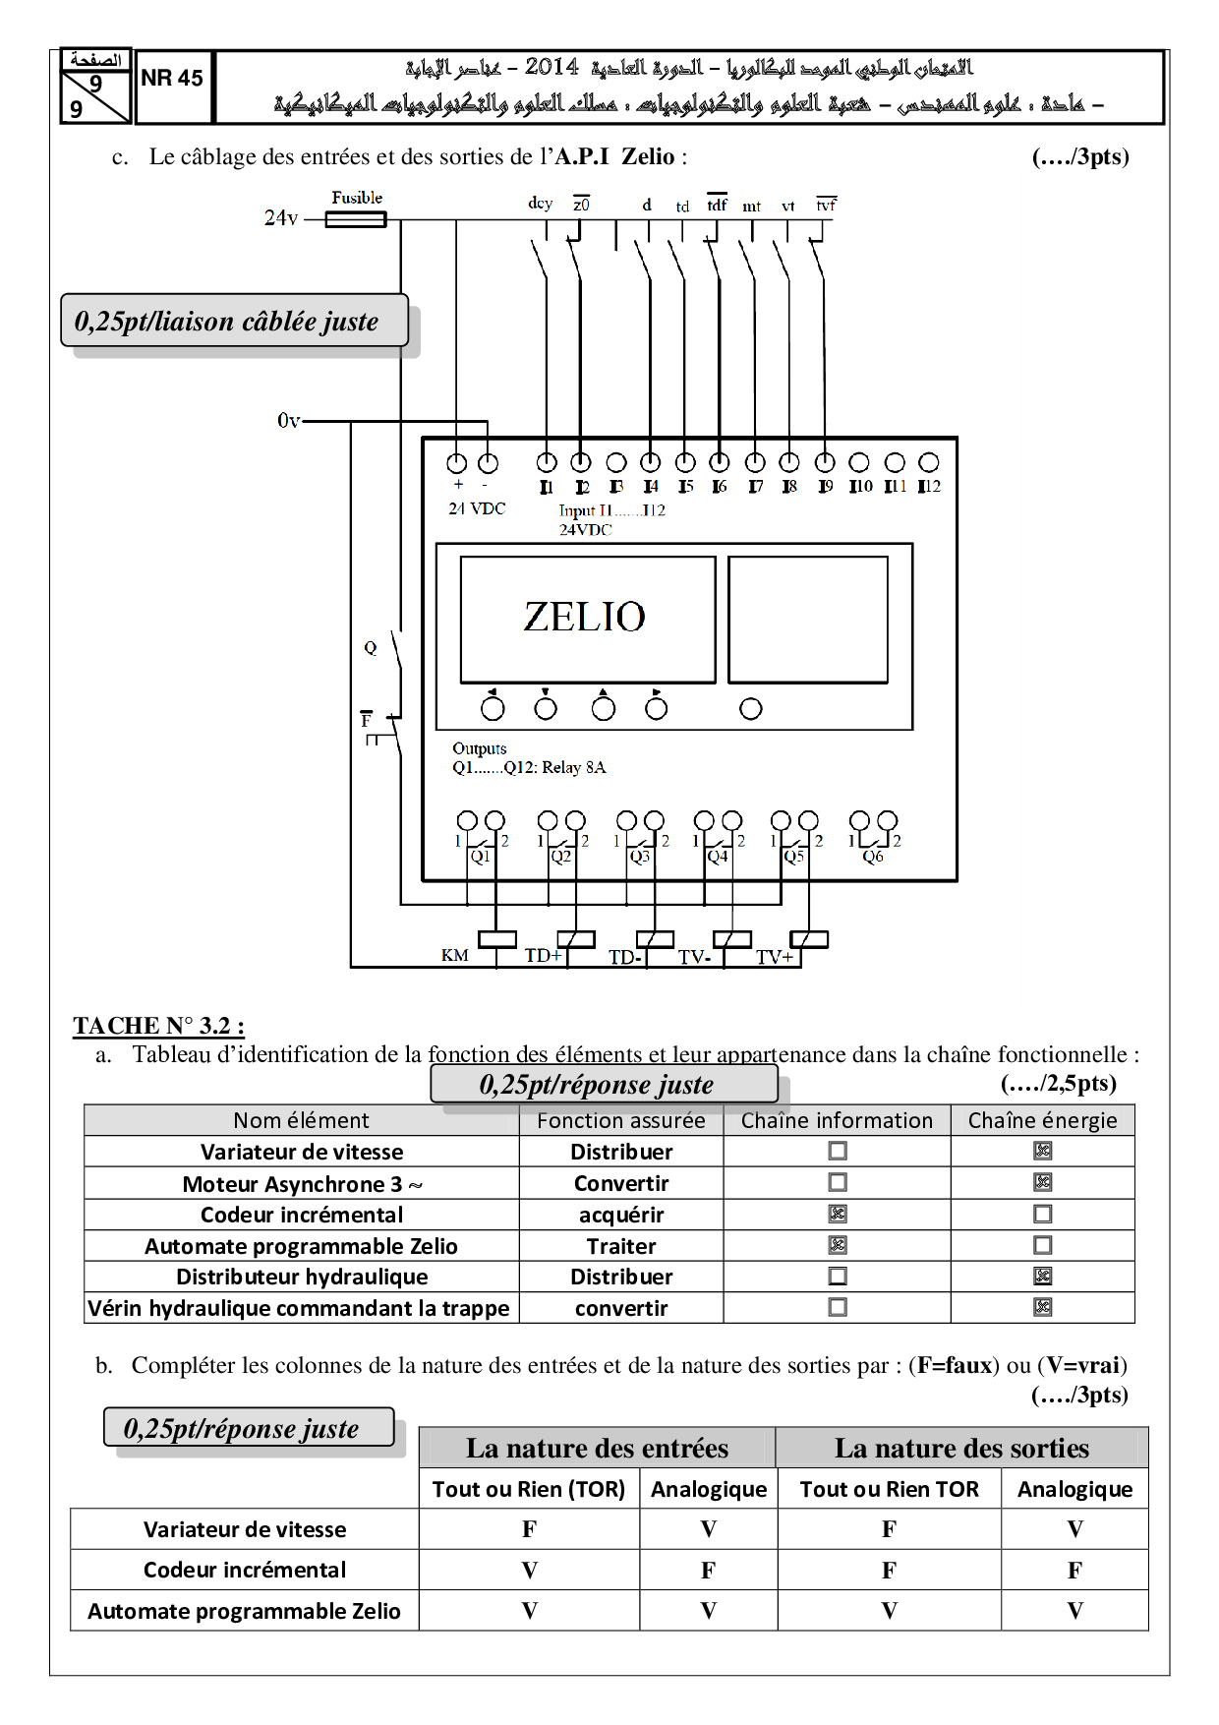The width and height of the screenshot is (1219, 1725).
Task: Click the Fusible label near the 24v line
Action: pyautogui.click(x=356, y=198)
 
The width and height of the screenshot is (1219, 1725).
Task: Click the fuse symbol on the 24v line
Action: pyautogui.click(x=355, y=220)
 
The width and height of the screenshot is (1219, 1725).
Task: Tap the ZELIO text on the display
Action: pyautogui.click(x=584, y=617)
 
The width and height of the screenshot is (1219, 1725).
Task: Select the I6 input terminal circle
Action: pyautogui.click(x=720, y=462)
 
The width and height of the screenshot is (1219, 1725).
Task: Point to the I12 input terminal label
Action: pyautogui.click(x=929, y=487)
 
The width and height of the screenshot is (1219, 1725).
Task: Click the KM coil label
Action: pyautogui.click(x=454, y=955)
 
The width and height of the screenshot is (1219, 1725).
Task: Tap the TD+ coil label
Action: pyautogui.click(x=543, y=955)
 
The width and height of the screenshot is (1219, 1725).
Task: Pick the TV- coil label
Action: pyautogui.click(x=694, y=957)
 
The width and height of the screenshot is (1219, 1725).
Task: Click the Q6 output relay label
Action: pyautogui.click(x=873, y=857)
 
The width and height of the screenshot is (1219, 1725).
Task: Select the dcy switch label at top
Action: pyautogui.click(x=540, y=204)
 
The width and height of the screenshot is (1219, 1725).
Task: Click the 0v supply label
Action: pyautogui.click(x=288, y=422)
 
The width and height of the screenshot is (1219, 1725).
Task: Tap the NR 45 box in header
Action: pyautogui.click(x=172, y=79)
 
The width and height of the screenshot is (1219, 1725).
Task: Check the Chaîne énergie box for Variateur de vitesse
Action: pyautogui.click(x=1043, y=1151)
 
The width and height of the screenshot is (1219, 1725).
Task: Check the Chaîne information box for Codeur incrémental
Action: pyautogui.click(x=838, y=1214)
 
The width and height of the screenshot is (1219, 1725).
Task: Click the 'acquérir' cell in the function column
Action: pyautogui.click(x=621, y=1215)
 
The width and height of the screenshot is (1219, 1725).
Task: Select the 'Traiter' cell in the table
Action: pyautogui.click(x=621, y=1246)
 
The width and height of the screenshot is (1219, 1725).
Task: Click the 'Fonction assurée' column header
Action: pyautogui.click(x=621, y=1120)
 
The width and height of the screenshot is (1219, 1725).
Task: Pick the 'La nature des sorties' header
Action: pyautogui.click(x=961, y=1448)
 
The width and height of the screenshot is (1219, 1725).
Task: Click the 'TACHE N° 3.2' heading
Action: pyautogui.click(x=158, y=1026)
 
